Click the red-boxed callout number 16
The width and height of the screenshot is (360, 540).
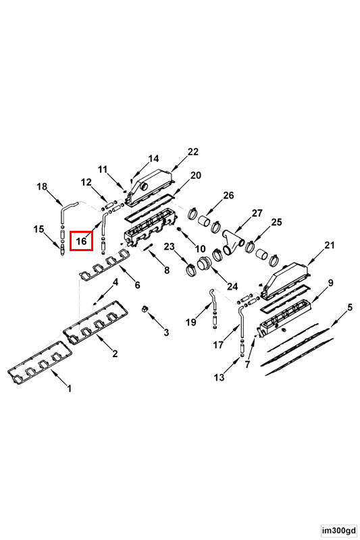click(81, 241)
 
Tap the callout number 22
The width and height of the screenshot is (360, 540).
click(193, 152)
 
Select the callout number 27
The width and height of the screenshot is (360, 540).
click(257, 213)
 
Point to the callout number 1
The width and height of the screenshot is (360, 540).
click(70, 389)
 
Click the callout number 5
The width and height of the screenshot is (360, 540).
click(350, 307)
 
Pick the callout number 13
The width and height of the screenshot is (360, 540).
click(219, 377)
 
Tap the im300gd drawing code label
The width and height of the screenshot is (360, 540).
click(339, 531)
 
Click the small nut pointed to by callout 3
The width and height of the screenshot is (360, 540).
click(145, 309)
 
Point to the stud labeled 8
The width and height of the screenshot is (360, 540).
click(148, 246)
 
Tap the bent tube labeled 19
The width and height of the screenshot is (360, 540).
click(213, 299)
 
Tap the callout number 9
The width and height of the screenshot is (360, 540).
click(331, 283)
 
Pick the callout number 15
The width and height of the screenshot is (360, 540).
click(39, 229)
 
